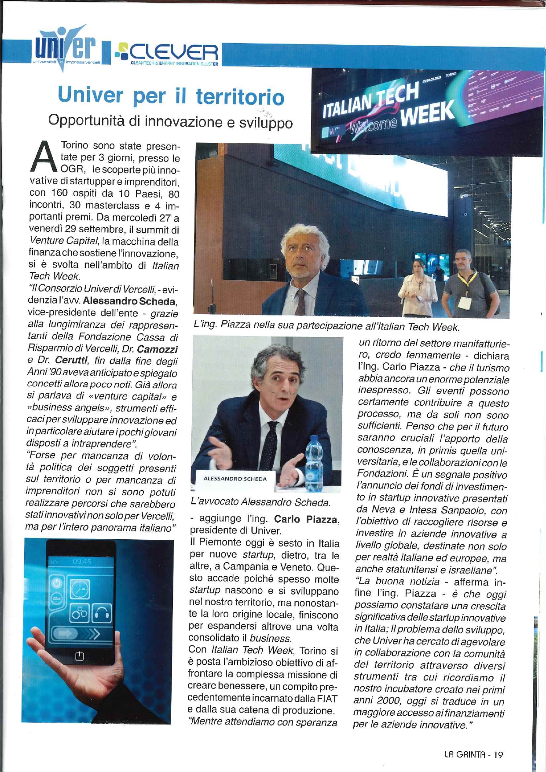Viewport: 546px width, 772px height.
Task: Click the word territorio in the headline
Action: pyautogui.click(x=240, y=96)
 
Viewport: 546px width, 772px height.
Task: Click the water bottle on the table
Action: pyautogui.click(x=314, y=464)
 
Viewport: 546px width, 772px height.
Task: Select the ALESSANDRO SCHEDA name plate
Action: pyautogui.click(x=235, y=479)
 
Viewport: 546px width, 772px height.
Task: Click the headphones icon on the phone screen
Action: pyautogui.click(x=101, y=613)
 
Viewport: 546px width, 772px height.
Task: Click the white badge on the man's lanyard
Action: pyautogui.click(x=464, y=302)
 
